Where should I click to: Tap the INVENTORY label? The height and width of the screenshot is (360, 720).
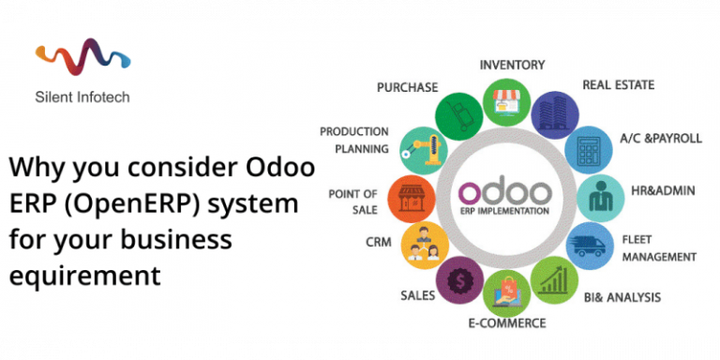click(x=513, y=65)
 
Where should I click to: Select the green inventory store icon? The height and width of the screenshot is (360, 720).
click(x=506, y=100)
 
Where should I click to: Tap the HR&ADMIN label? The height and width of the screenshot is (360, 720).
click(x=662, y=190)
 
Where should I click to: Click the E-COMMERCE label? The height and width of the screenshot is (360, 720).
click(x=507, y=323)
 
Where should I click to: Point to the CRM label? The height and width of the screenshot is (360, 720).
click(x=379, y=243)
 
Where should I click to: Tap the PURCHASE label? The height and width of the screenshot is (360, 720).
click(x=407, y=87)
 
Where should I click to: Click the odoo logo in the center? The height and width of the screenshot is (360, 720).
click(x=507, y=194)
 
